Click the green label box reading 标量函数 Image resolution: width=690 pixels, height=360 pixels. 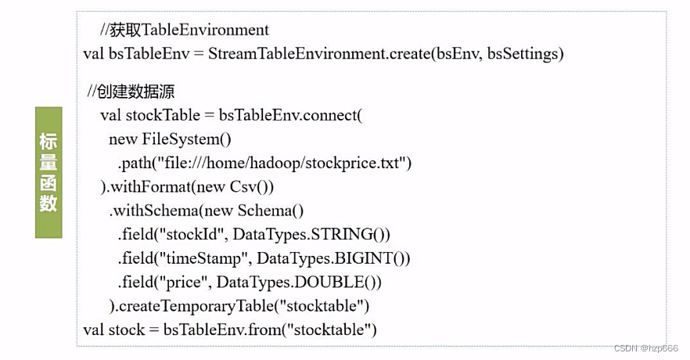click(x=49, y=173)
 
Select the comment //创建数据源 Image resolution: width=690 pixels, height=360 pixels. click(x=131, y=92)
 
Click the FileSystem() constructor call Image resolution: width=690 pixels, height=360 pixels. click(x=187, y=139)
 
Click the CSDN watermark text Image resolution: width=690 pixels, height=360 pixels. click(x=646, y=348)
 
